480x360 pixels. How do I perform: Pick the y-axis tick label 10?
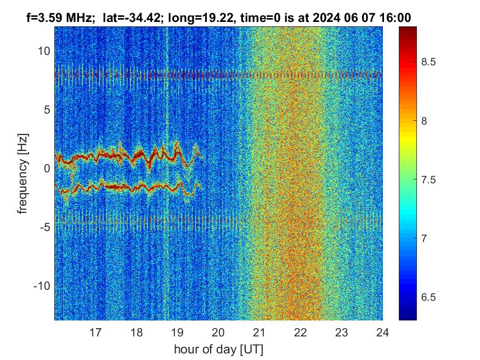coord(43,51)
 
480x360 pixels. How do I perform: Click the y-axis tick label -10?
coord(41,286)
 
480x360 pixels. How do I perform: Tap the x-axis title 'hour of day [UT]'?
coord(218,349)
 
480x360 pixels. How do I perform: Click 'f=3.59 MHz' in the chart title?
coord(60,18)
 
